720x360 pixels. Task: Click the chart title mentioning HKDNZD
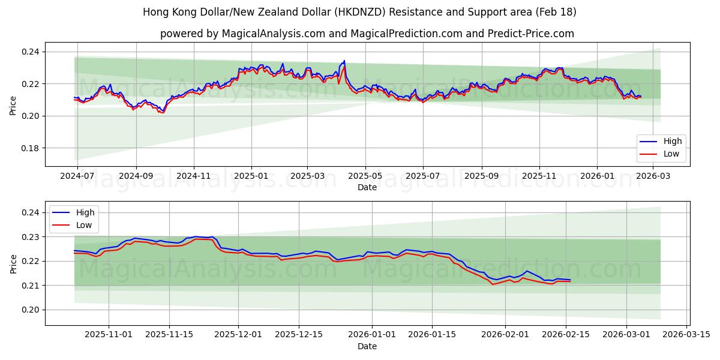(x=359, y=12)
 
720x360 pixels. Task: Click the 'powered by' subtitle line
(x=367, y=34)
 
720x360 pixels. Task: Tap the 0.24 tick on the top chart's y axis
(x=31, y=52)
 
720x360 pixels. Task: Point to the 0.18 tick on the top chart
(x=31, y=148)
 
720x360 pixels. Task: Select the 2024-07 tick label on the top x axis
(x=77, y=176)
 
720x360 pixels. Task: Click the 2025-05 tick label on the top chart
(x=365, y=176)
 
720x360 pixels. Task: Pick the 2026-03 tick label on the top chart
(x=653, y=176)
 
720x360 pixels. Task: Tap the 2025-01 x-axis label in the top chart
(x=251, y=176)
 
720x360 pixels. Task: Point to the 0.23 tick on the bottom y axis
(x=31, y=237)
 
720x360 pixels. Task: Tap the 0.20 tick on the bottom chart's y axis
(x=31, y=310)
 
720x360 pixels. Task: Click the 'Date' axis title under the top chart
(x=367, y=187)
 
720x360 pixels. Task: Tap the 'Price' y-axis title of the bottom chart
(x=13, y=263)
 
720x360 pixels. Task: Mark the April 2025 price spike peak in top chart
(x=344, y=61)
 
